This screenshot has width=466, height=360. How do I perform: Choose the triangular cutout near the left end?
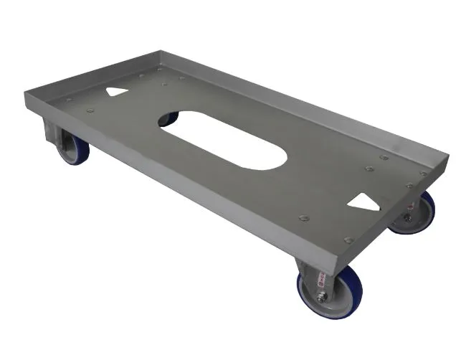point(115,93)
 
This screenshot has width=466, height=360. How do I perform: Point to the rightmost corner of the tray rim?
point(450,158)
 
